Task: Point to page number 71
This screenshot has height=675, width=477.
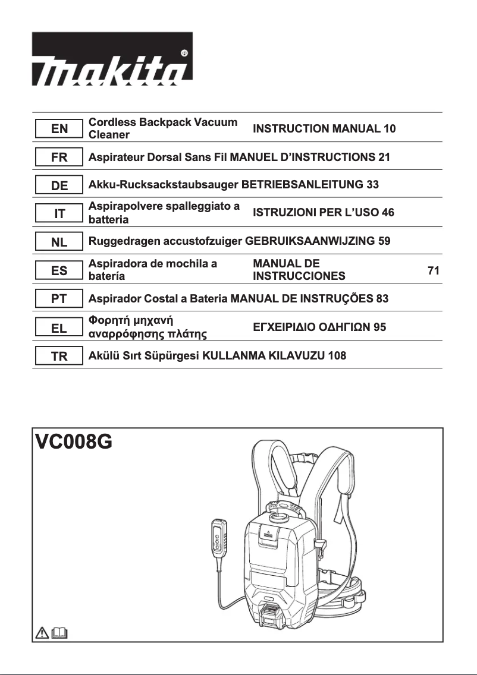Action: click(434, 271)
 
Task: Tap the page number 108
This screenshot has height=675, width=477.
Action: click(337, 356)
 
